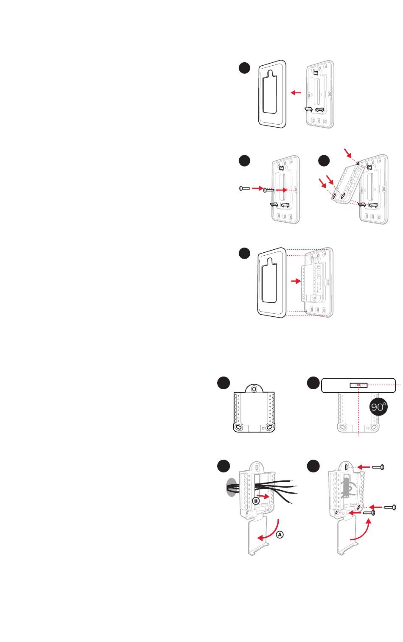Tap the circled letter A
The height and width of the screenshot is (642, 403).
point(280,535)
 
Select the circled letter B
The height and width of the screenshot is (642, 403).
point(256,500)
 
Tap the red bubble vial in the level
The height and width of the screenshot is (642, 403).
point(357,385)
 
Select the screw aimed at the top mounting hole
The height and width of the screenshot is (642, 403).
point(378,467)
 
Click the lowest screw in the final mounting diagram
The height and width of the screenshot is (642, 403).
point(370,513)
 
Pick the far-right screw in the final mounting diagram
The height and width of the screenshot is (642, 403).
point(390,507)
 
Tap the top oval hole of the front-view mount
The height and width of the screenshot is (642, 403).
point(254,389)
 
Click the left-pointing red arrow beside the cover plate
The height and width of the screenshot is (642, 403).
point(296,92)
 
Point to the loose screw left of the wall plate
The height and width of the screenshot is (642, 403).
point(245,188)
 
